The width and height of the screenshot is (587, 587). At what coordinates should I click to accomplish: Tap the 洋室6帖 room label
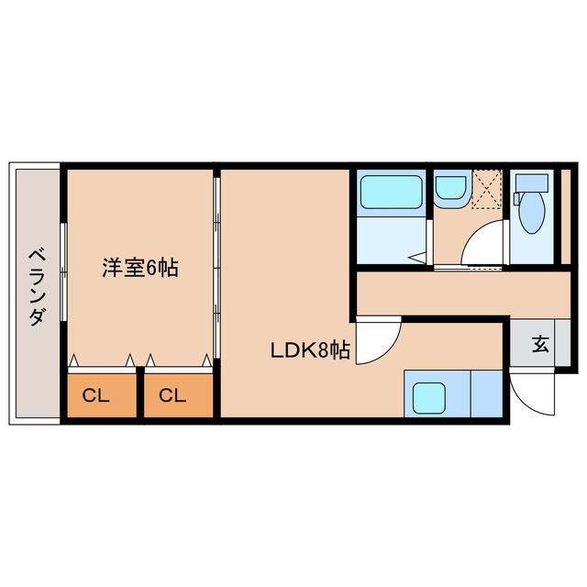139,268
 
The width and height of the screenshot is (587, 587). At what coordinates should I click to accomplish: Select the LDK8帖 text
309,349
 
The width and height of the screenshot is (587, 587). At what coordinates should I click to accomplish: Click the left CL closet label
96,396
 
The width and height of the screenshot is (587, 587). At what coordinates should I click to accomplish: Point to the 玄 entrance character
540,345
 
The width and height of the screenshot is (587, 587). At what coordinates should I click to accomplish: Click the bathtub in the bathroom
390,194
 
